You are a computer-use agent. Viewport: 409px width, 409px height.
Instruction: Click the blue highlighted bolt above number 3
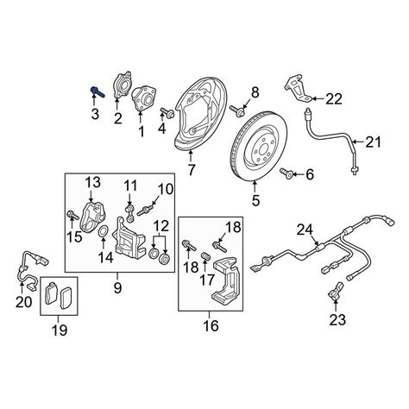[98, 91]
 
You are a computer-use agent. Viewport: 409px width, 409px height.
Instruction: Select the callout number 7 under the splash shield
[191, 170]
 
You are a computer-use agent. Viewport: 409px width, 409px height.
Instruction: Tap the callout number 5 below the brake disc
[255, 200]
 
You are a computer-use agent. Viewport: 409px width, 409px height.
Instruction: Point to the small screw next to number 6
[286, 173]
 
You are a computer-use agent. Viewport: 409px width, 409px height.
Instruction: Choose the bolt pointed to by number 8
[237, 110]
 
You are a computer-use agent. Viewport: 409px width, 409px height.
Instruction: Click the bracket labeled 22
[298, 90]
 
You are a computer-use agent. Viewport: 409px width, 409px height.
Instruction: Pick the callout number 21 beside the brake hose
[373, 142]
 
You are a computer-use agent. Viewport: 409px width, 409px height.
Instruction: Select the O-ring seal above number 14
[104, 231]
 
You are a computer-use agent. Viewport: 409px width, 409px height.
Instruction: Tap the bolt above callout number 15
[72, 215]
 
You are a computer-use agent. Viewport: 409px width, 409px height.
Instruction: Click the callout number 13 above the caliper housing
[93, 182]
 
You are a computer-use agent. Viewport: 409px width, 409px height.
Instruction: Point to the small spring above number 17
[204, 255]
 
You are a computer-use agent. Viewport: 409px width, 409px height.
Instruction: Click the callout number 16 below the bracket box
[211, 326]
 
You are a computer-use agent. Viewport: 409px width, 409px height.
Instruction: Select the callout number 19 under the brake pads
[60, 330]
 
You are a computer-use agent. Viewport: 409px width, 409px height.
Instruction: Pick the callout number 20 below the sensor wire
[23, 302]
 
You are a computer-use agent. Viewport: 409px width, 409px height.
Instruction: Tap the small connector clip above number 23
[335, 292]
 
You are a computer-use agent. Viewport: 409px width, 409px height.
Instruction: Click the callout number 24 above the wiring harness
[305, 230]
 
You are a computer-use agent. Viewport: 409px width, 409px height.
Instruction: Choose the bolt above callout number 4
[167, 112]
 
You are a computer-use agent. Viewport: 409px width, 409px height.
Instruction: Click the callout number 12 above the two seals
[160, 226]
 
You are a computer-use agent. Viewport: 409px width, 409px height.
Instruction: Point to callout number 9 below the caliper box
[117, 287]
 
